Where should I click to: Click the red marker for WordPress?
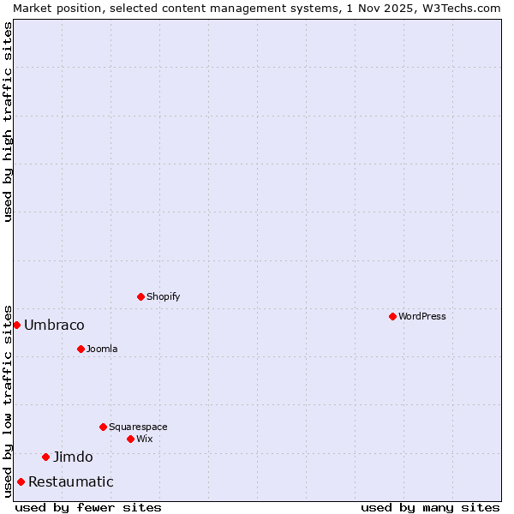392,316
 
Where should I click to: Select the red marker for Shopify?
140,296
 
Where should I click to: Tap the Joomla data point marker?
81,349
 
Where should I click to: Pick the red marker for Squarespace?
103,427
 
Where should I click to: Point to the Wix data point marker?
130,439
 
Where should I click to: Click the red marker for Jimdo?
46,457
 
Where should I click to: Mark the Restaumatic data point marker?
21,481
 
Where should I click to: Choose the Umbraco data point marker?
16,325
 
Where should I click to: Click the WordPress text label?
421,316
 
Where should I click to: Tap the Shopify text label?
163,296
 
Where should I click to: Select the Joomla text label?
102,349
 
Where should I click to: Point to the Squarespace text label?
138,427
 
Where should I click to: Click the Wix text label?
144,439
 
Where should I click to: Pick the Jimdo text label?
73,457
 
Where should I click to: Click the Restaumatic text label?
70,481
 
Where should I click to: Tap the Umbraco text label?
54,325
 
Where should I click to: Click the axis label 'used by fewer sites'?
88,507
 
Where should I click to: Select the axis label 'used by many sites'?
430,507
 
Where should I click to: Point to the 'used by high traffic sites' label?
8,122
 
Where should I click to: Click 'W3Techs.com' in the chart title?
459,8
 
